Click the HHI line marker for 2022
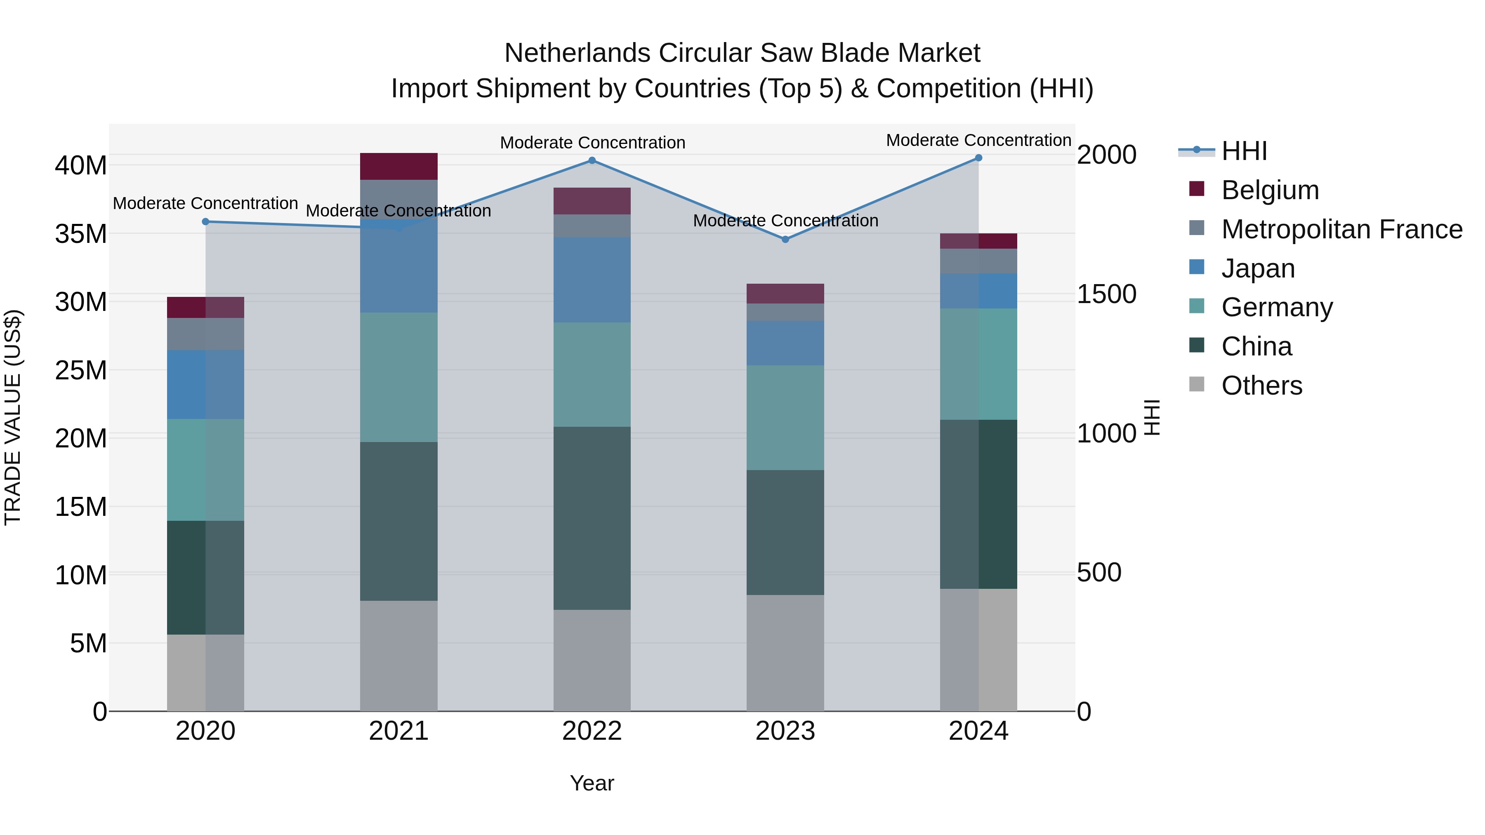tap(592, 161)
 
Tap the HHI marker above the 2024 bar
tap(978, 158)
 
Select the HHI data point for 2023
tap(785, 239)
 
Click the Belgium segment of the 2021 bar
tap(398, 167)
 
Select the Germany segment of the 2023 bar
tap(785, 417)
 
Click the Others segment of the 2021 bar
tap(398, 656)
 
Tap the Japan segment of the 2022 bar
tap(592, 280)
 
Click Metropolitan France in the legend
tap(1341, 229)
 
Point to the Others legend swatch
tap(1197, 384)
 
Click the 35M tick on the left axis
tap(81, 234)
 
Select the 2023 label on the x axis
tap(785, 731)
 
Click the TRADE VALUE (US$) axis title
tap(13, 417)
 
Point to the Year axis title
tap(592, 783)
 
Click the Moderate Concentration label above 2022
tap(592, 142)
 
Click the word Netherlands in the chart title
tap(577, 53)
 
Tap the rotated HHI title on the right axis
tap(1151, 417)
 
